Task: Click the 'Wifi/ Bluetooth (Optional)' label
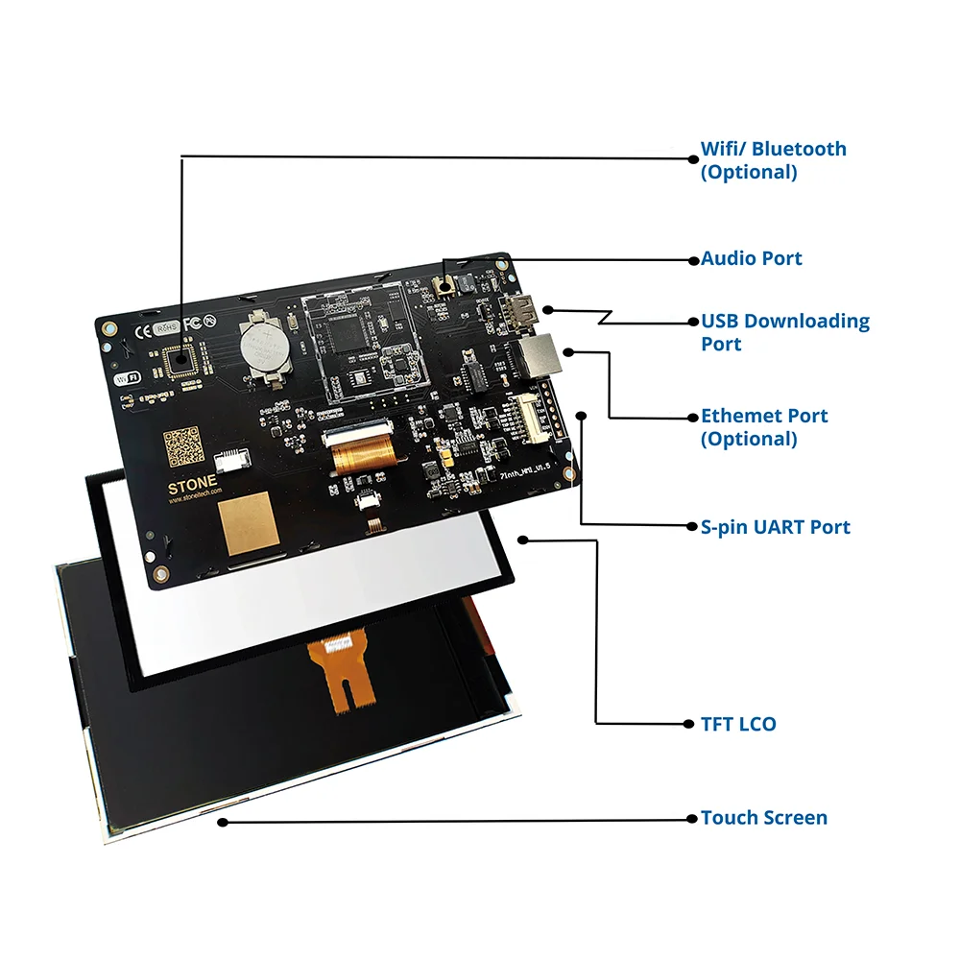(x=773, y=160)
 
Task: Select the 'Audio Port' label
(x=751, y=258)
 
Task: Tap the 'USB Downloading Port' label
(x=784, y=332)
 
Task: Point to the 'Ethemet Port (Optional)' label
(x=763, y=427)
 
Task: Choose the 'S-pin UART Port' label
(x=775, y=527)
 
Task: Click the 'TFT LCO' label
(x=737, y=724)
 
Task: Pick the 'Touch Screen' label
(x=763, y=818)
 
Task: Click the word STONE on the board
(x=192, y=487)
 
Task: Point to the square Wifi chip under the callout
(x=179, y=362)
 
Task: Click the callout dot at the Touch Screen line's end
(x=223, y=821)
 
